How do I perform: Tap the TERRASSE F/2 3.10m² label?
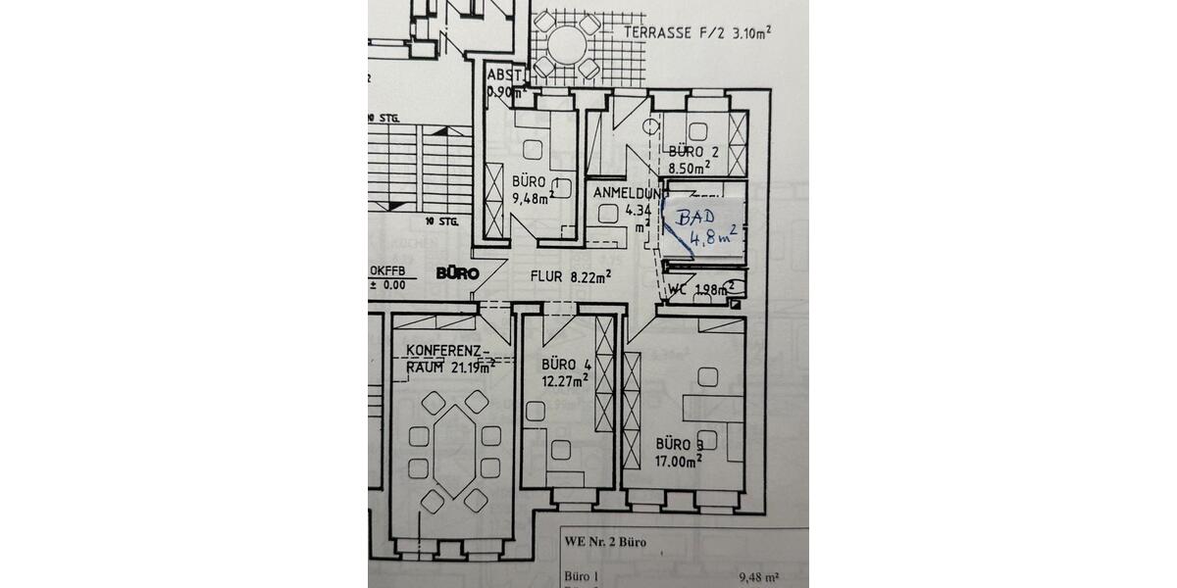696,32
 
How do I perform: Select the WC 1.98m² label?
700,289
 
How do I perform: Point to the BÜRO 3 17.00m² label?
679,452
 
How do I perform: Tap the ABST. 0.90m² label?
504,82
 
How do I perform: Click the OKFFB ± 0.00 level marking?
389,277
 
